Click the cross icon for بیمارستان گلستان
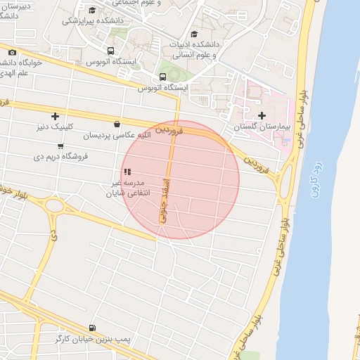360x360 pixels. point(262,115)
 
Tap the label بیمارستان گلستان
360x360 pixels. point(262,127)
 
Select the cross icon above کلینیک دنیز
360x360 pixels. point(55,116)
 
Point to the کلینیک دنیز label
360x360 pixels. point(55,127)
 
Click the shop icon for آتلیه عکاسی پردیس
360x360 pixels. point(116,124)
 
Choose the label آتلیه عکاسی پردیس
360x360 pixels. point(116,134)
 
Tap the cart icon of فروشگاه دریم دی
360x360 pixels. point(60,146)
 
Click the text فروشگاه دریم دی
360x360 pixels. point(60,157)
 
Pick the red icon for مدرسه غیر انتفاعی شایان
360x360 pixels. point(127,172)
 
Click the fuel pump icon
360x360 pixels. point(93,328)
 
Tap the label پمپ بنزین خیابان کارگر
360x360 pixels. point(94,339)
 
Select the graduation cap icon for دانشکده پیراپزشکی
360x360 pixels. point(93,9)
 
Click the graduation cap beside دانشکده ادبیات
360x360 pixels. point(195,33)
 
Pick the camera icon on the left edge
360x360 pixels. point(12,53)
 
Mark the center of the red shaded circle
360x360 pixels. point(181,179)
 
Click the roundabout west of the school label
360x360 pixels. point(54,206)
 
